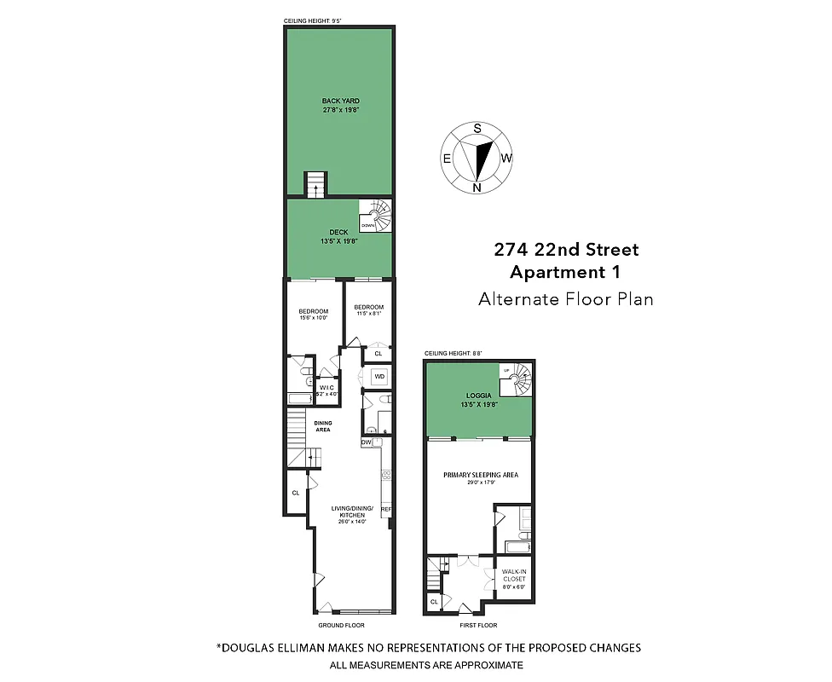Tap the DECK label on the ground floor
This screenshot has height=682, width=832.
[339, 232]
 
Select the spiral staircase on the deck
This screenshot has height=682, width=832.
[376, 215]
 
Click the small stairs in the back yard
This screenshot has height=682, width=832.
[315, 183]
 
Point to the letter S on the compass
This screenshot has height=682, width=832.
[477, 128]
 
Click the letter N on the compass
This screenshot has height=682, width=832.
[477, 188]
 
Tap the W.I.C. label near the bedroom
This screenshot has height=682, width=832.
[327, 389]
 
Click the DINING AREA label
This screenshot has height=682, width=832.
[322, 425]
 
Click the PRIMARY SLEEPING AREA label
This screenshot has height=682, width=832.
[480, 475]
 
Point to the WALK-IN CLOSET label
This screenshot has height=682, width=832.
[513, 575]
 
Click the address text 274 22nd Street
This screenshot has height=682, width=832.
[566, 250]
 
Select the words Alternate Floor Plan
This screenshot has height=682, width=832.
[566, 298]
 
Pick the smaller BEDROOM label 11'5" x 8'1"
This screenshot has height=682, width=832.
[369, 308]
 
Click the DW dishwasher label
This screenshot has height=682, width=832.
[366, 442]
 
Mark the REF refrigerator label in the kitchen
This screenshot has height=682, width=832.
[385, 510]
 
